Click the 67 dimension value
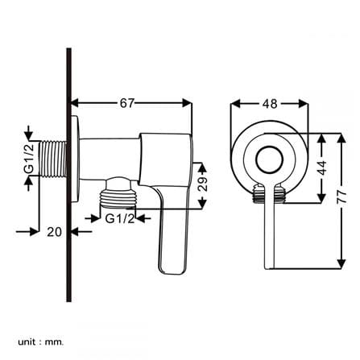(126, 103)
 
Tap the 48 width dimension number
(270, 104)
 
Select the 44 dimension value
(321, 168)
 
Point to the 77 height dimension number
(341, 197)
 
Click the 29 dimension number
(203, 184)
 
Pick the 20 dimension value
(55, 232)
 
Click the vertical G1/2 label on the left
(29, 159)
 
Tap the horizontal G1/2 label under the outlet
(120, 219)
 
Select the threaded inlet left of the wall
(53, 159)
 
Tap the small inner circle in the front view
(269, 160)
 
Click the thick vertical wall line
(69, 175)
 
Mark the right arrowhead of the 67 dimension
(187, 103)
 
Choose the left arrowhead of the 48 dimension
(235, 104)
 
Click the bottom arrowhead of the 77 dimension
(341, 263)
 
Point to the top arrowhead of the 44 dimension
(321, 138)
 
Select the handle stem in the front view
(269, 226)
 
